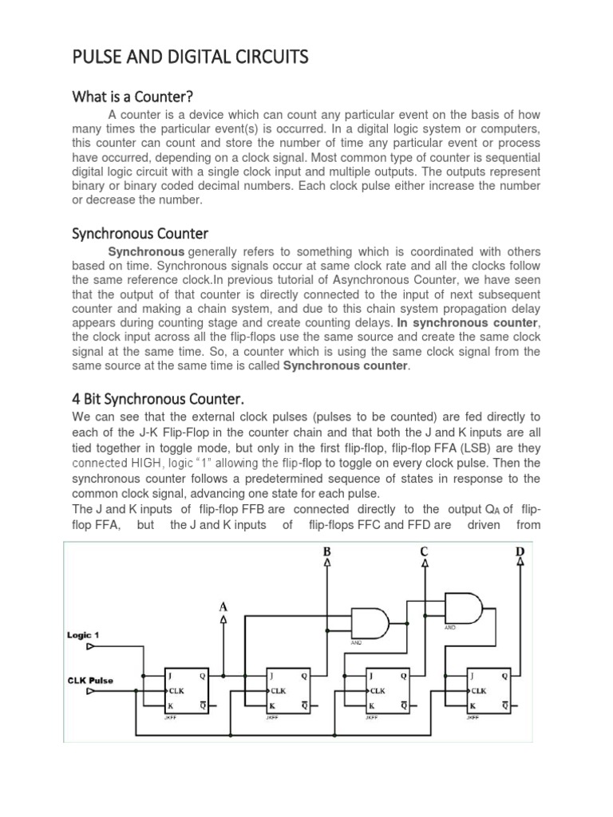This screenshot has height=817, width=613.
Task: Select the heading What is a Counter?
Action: pyautogui.click(x=132, y=97)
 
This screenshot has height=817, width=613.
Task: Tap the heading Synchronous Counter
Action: pyautogui.click(x=140, y=234)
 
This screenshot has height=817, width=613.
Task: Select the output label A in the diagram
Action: pyautogui.click(x=223, y=607)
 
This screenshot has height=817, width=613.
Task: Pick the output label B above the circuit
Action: pyautogui.click(x=326, y=551)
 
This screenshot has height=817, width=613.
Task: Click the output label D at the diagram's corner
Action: pyautogui.click(x=521, y=551)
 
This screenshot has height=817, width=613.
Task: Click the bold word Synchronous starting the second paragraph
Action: pyautogui.click(x=152, y=251)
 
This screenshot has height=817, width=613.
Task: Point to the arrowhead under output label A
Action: pyautogui.click(x=223, y=619)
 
